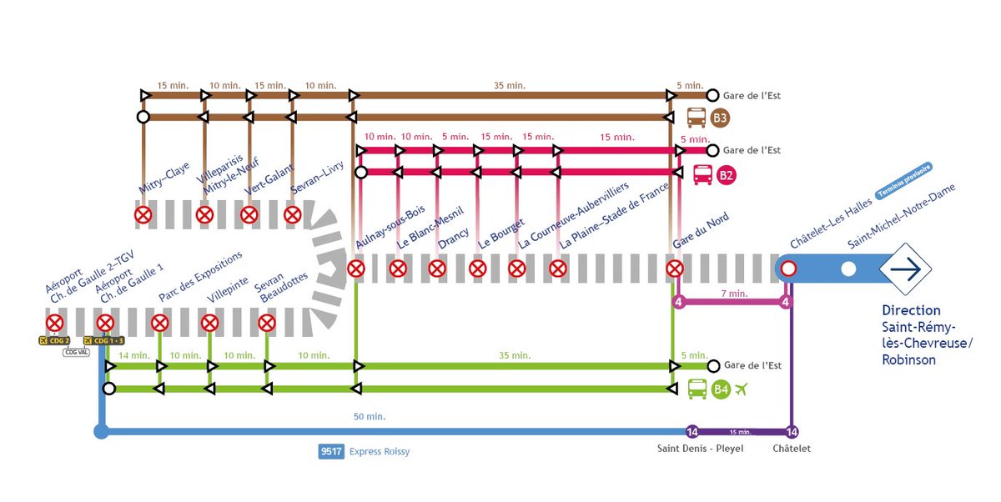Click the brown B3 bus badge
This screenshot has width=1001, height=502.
[x=720, y=118]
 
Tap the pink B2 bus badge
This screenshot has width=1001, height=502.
[x=726, y=175]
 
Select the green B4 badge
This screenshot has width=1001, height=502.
[x=721, y=389]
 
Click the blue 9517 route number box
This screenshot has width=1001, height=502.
[x=330, y=452]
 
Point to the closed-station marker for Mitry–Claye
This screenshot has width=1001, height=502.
[x=143, y=215]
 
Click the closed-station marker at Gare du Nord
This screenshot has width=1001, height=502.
[x=675, y=269]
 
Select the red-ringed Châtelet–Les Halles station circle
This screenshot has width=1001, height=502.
[x=787, y=269]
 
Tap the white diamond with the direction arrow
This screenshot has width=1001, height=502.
[x=905, y=269]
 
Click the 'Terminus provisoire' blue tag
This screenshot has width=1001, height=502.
[x=903, y=182]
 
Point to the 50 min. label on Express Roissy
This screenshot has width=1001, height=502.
[x=370, y=416]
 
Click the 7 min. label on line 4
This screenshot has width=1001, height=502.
[x=734, y=294]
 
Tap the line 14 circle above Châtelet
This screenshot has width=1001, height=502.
[x=792, y=431]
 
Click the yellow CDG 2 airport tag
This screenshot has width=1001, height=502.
[x=54, y=340]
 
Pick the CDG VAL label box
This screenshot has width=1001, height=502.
[x=77, y=352]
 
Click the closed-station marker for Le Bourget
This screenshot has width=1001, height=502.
[x=477, y=269]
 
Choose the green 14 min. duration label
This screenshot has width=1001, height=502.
[x=133, y=356]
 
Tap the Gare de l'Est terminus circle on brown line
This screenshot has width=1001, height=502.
[x=712, y=95]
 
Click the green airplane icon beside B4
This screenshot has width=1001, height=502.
[x=742, y=389]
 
